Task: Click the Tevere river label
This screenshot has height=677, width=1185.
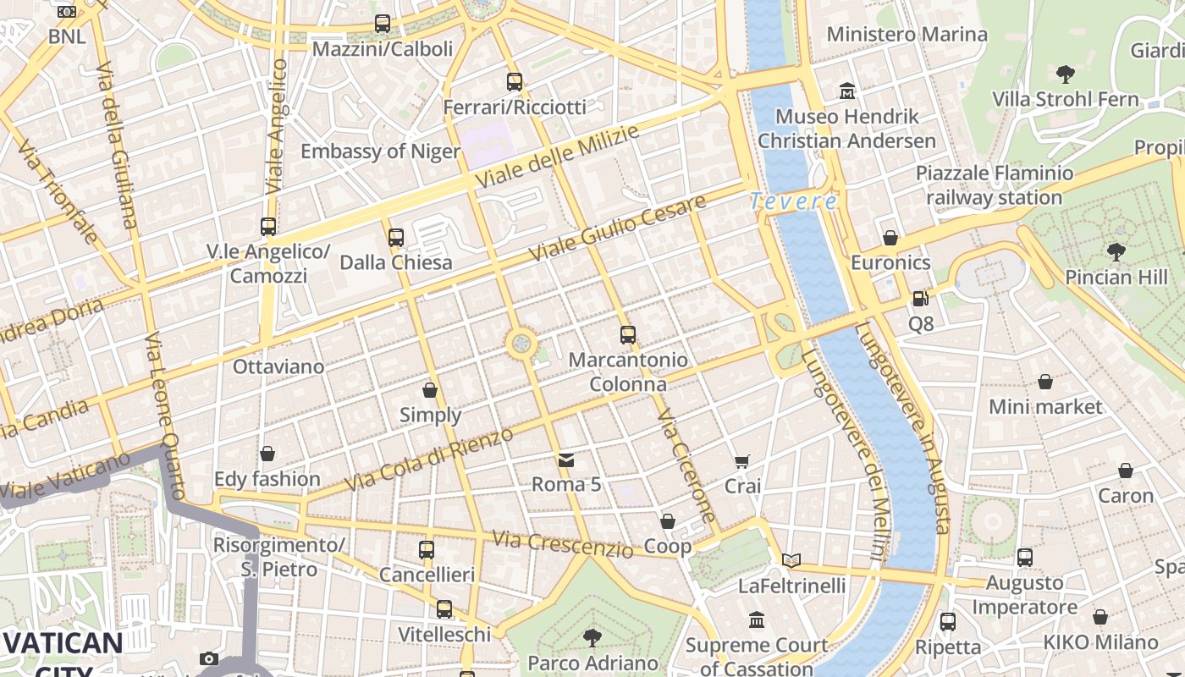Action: click(x=793, y=201)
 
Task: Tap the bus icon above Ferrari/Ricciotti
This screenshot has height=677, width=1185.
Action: click(x=515, y=82)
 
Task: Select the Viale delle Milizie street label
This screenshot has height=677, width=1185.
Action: click(x=556, y=157)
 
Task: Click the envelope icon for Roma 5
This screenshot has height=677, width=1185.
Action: click(x=566, y=460)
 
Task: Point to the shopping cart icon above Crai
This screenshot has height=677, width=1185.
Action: click(x=742, y=462)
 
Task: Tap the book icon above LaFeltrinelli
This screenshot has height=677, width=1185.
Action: click(x=791, y=560)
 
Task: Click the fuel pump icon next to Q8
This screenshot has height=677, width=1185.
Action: click(x=920, y=298)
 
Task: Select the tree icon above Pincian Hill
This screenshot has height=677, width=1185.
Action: click(x=1116, y=251)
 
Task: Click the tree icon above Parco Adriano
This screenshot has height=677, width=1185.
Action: click(x=592, y=637)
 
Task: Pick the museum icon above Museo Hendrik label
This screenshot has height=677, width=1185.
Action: click(x=847, y=91)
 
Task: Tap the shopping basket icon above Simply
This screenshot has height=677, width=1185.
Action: click(x=430, y=390)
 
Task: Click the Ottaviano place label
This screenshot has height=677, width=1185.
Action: click(x=278, y=366)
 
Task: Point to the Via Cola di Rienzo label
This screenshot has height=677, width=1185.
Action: click(x=429, y=460)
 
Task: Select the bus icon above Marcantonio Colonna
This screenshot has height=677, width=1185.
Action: click(x=627, y=334)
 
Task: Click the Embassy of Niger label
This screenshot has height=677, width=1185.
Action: click(x=381, y=151)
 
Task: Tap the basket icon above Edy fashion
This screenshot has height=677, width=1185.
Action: click(x=267, y=454)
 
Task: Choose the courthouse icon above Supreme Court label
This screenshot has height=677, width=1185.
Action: click(x=757, y=620)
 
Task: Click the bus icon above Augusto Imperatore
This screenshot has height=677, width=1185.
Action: click(x=1024, y=558)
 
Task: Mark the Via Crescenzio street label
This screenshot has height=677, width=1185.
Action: click(x=562, y=543)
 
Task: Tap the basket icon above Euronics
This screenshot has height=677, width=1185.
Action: click(x=890, y=238)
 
